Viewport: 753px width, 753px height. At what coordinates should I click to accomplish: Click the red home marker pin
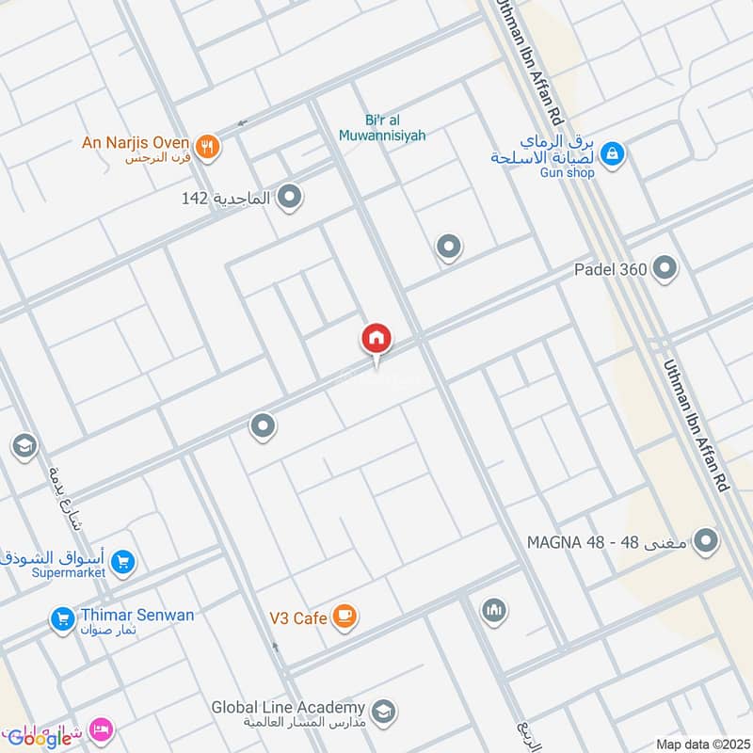pyautogui.click(x=376, y=339)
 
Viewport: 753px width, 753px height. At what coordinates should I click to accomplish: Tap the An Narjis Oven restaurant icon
pyautogui.click(x=209, y=145)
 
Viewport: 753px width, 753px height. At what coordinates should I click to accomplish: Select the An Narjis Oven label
pyautogui.click(x=136, y=143)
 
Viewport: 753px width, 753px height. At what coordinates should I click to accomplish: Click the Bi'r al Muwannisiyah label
pyautogui.click(x=382, y=128)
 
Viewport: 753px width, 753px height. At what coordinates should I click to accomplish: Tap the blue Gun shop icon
pyautogui.click(x=612, y=152)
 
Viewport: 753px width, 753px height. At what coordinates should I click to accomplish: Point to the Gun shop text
pyautogui.click(x=567, y=173)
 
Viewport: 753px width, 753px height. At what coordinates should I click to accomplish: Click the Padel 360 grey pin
pyautogui.click(x=665, y=269)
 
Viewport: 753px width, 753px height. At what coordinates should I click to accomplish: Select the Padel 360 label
pyautogui.click(x=611, y=270)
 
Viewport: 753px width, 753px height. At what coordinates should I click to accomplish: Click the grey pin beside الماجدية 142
pyautogui.click(x=291, y=197)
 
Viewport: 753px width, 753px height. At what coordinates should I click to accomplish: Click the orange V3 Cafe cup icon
pyautogui.click(x=345, y=617)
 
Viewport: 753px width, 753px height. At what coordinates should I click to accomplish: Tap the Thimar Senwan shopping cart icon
pyautogui.click(x=63, y=618)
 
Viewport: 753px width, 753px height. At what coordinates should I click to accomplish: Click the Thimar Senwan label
pyautogui.click(x=137, y=616)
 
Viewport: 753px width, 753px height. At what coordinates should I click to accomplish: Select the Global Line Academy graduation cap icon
pyautogui.click(x=382, y=711)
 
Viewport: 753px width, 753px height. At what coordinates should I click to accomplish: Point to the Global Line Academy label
pyautogui.click(x=287, y=708)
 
